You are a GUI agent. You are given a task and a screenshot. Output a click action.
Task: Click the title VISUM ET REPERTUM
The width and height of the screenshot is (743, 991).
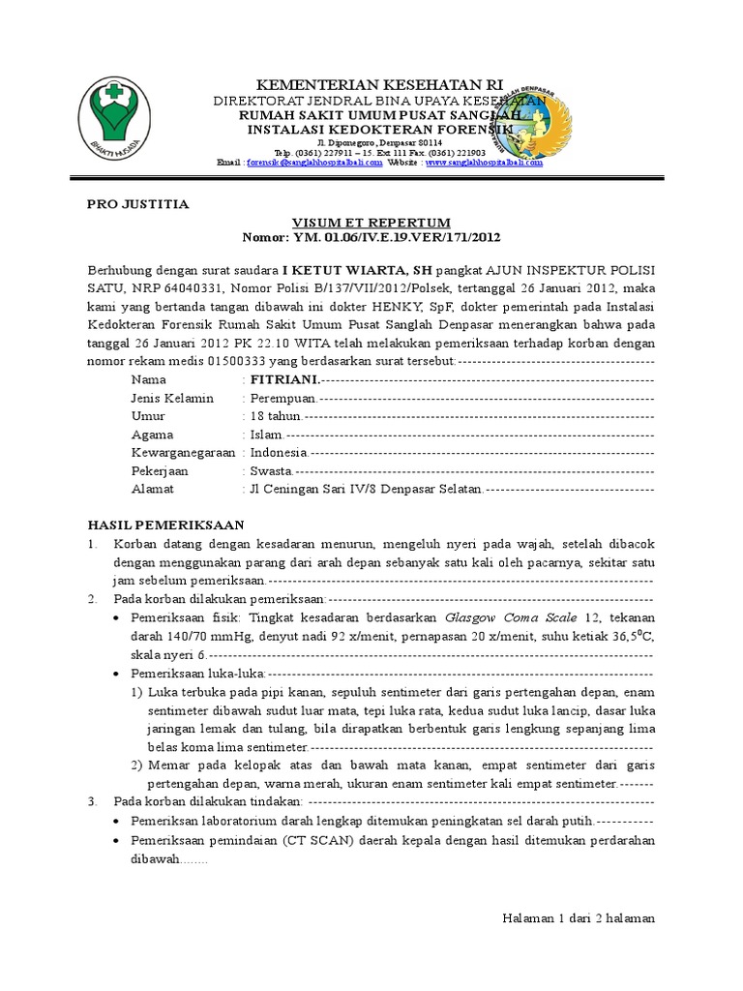pyautogui.click(x=372, y=222)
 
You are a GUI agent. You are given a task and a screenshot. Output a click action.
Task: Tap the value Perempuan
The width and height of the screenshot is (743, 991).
pyautogui.click(x=283, y=398)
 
